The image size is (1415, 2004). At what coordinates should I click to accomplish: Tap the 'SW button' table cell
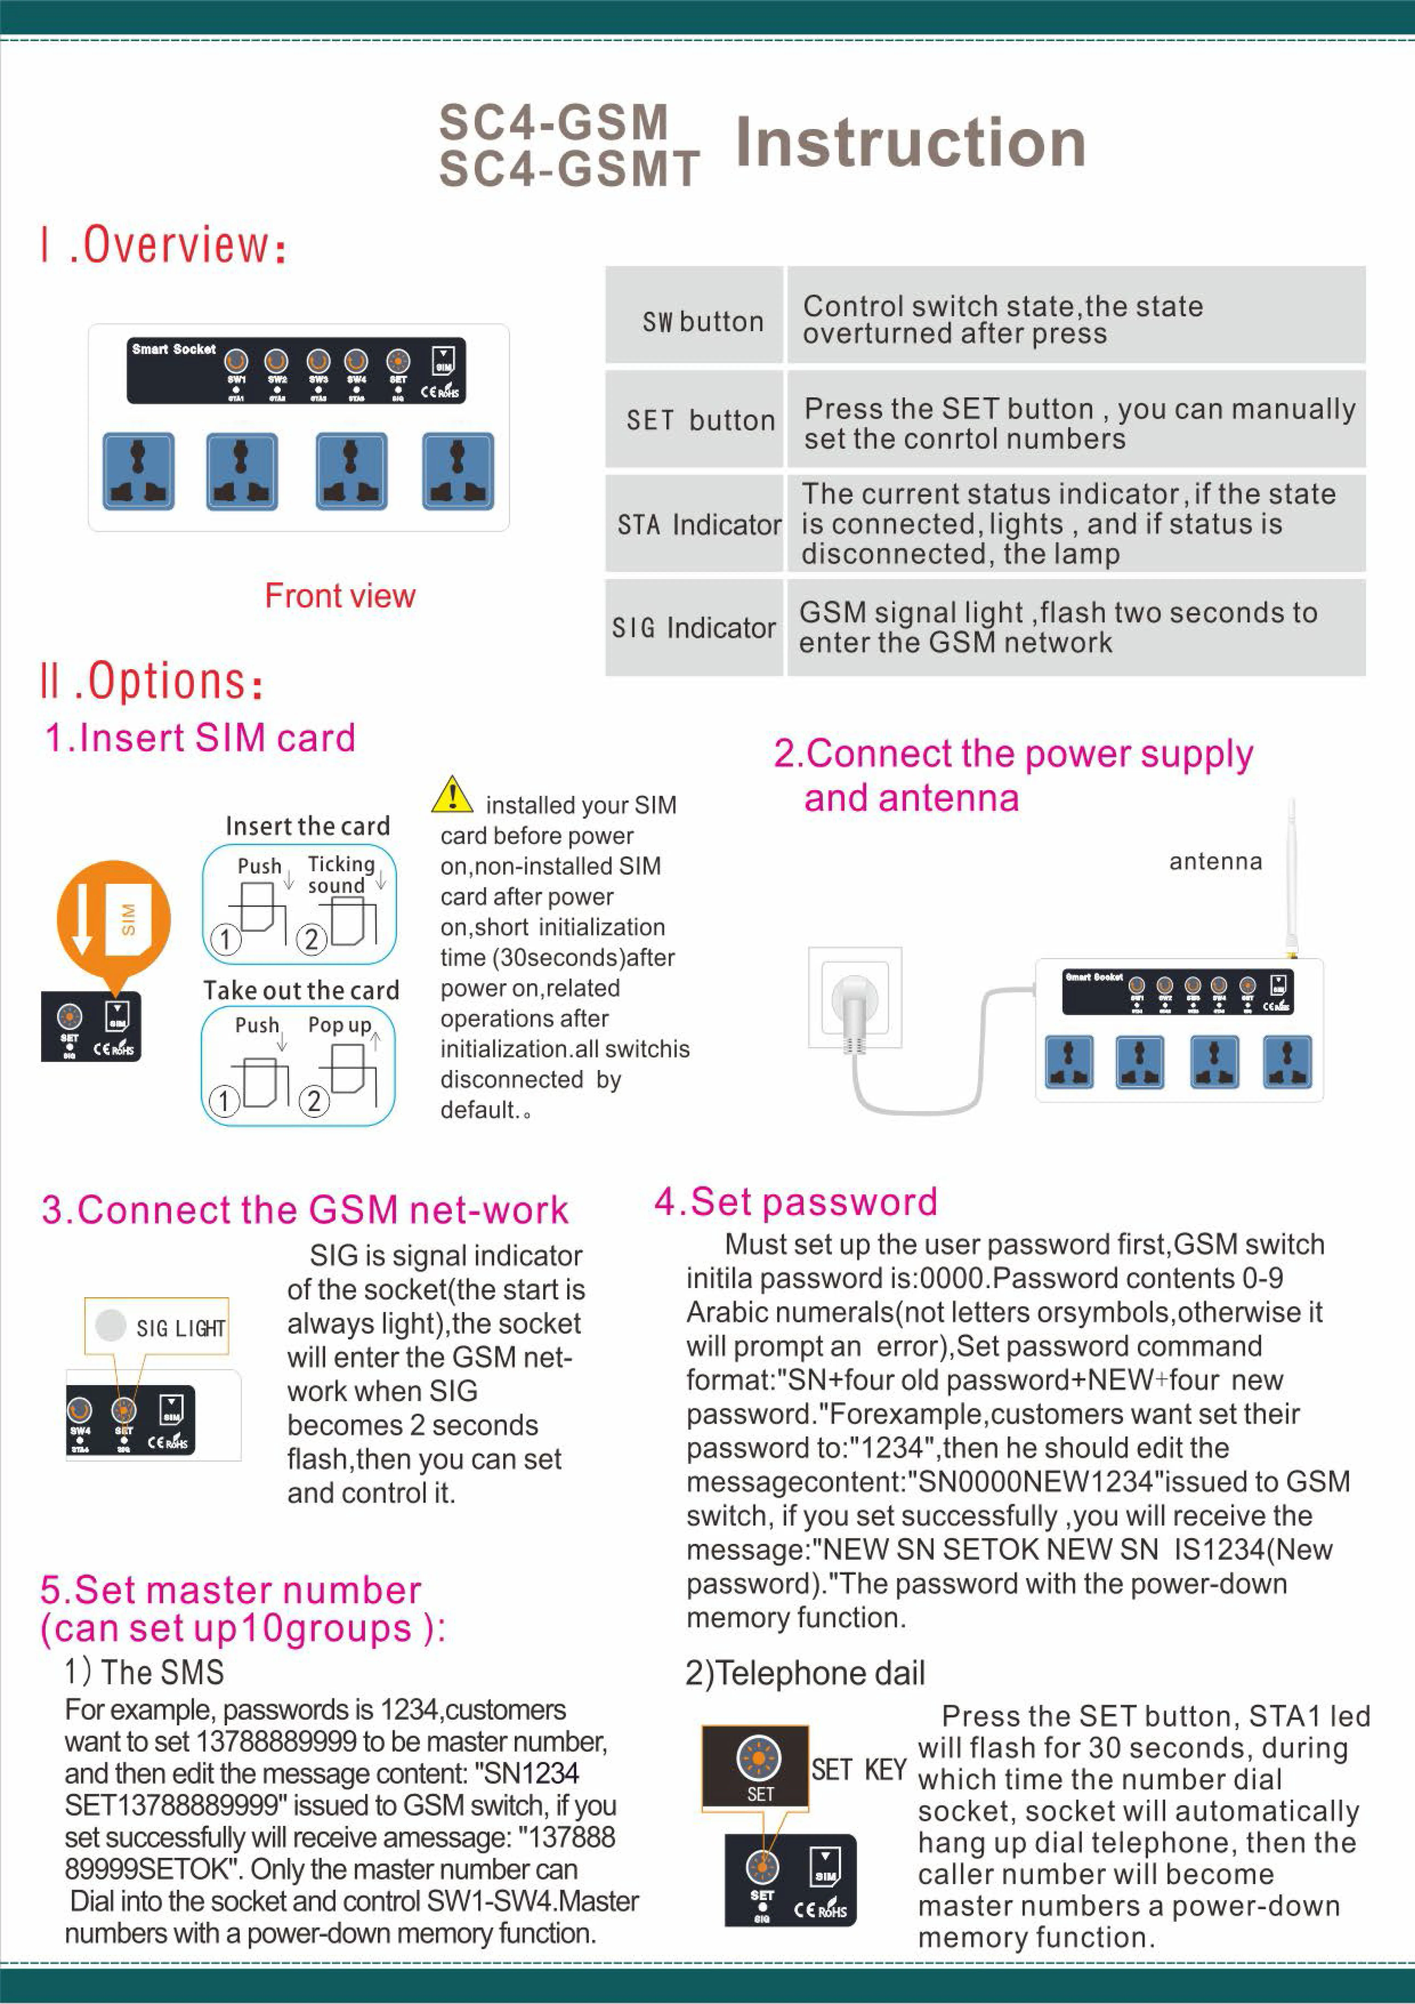tap(702, 321)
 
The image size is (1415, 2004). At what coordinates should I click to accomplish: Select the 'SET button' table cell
tap(701, 420)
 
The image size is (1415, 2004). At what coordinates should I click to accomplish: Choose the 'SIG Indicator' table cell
tap(694, 628)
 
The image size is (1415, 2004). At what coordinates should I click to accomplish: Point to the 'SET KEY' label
tap(858, 1769)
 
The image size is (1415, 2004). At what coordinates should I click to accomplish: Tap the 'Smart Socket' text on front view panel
tap(174, 349)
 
